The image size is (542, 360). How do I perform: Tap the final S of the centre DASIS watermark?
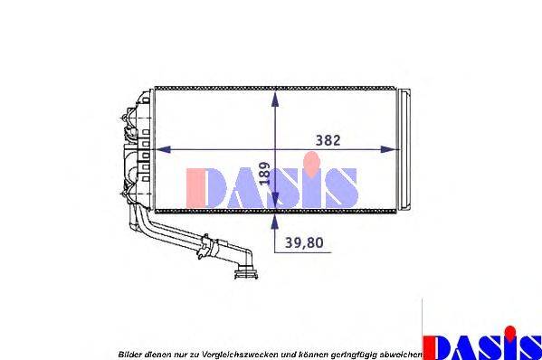[340, 186]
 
